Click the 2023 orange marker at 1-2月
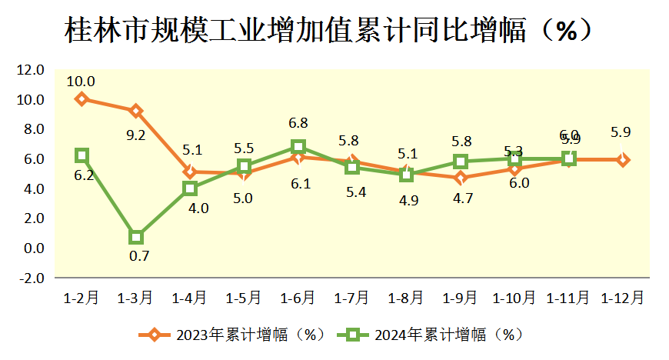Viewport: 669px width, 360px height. point(82,99)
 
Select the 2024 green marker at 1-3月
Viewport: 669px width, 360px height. point(136,237)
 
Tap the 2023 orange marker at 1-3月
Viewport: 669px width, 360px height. point(136,111)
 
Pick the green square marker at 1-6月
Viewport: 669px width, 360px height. point(298,147)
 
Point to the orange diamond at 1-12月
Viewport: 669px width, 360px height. point(623,160)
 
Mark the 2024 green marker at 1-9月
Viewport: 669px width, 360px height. point(461,162)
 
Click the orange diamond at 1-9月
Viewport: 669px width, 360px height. point(461,178)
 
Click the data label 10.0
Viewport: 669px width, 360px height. point(81,81)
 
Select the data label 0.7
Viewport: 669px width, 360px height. point(139,256)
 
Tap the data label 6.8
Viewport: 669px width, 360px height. point(298,123)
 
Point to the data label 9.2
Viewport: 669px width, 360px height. point(136,135)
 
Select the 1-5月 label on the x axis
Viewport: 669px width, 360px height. point(244,297)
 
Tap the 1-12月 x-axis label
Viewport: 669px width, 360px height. point(623,297)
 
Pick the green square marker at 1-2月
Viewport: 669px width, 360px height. point(82,155)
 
